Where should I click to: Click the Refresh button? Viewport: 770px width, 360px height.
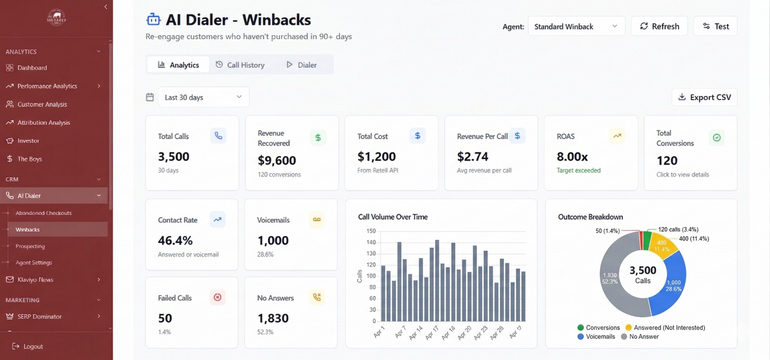[x=659, y=26]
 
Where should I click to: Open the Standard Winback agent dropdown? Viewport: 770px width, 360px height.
[x=576, y=26]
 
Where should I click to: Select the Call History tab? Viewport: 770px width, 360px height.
[x=240, y=65]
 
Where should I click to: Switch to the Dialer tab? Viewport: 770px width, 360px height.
[x=302, y=65]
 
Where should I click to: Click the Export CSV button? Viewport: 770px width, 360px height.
[x=704, y=97]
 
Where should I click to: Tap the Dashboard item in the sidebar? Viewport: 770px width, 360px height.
[x=32, y=68]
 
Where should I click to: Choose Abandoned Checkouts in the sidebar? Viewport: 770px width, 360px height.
[x=43, y=213]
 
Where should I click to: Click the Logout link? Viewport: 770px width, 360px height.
[x=33, y=347]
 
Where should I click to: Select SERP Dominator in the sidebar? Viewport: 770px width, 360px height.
[x=39, y=317]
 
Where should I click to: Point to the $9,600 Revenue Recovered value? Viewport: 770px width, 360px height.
[x=277, y=160]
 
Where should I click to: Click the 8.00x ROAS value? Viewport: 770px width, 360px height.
[x=572, y=157]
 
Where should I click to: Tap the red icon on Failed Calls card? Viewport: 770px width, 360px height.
[x=218, y=297]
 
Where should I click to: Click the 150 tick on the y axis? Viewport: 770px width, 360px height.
[x=371, y=231]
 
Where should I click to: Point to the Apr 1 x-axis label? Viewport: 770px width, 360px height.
[x=379, y=332]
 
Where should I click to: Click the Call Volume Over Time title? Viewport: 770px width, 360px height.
[x=393, y=217]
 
